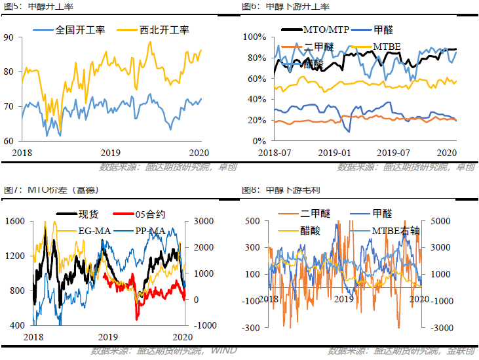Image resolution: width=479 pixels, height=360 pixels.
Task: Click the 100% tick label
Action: [x=254, y=37]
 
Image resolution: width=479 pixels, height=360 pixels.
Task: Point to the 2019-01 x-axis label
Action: [x=335, y=151]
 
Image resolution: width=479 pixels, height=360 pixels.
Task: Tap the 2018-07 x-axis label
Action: [x=276, y=151]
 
